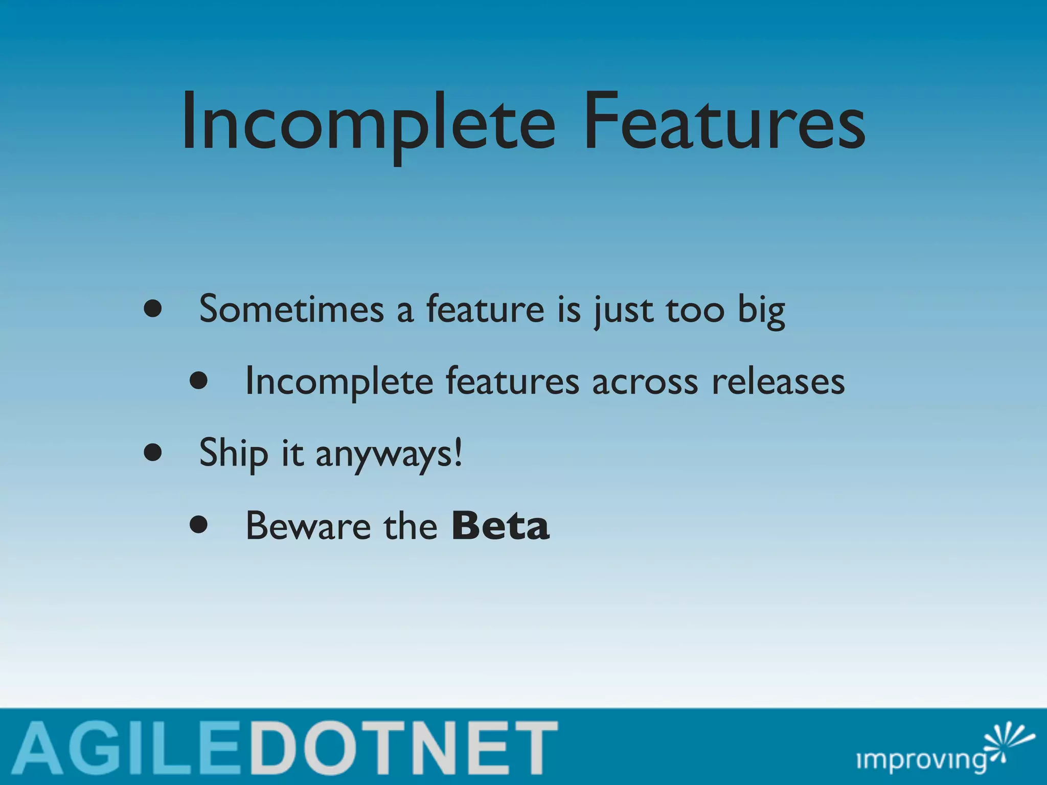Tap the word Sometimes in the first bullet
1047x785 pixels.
tap(291, 310)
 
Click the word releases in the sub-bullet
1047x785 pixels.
tap(778, 382)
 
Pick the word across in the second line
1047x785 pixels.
tap(645, 382)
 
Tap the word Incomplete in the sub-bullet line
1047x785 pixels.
tap(339, 382)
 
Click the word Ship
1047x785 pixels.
tap(233, 454)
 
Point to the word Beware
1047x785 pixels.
tap(308, 526)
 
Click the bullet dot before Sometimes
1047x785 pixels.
tap(153, 309)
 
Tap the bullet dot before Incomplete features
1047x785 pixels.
tap(198, 381)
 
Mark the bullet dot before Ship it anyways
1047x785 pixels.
tap(153, 452)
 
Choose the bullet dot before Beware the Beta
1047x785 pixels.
tap(198, 524)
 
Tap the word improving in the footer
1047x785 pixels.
tap(920, 760)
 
